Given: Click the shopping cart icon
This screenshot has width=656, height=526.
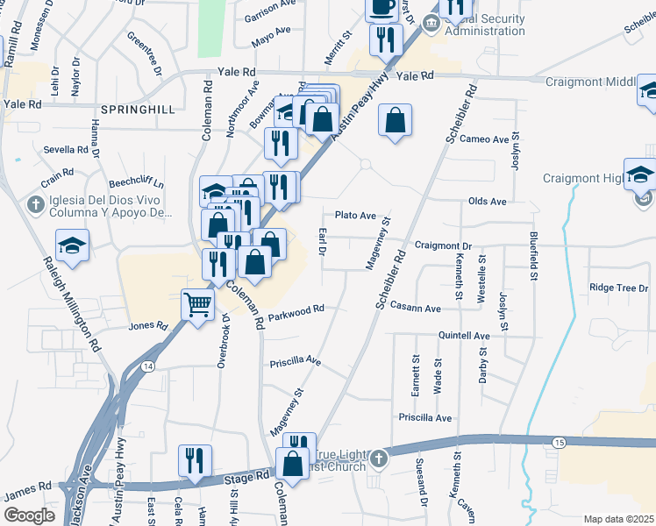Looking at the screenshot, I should (198, 305).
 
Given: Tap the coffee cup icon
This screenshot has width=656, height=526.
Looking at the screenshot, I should (381, 7).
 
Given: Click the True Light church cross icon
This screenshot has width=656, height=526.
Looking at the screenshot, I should (378, 458).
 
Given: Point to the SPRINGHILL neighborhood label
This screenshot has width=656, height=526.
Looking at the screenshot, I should (138, 110).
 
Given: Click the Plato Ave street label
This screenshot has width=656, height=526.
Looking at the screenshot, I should (355, 216).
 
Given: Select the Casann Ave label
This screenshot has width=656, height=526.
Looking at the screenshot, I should (416, 309).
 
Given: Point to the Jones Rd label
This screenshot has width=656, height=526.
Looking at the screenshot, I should (147, 326).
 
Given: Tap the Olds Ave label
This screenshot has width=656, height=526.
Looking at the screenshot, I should (488, 202).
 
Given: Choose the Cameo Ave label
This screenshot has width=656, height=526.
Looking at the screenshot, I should (484, 139).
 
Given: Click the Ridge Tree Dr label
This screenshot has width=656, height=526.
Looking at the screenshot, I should (619, 288).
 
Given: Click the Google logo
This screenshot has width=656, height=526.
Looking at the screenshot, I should (29, 515).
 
